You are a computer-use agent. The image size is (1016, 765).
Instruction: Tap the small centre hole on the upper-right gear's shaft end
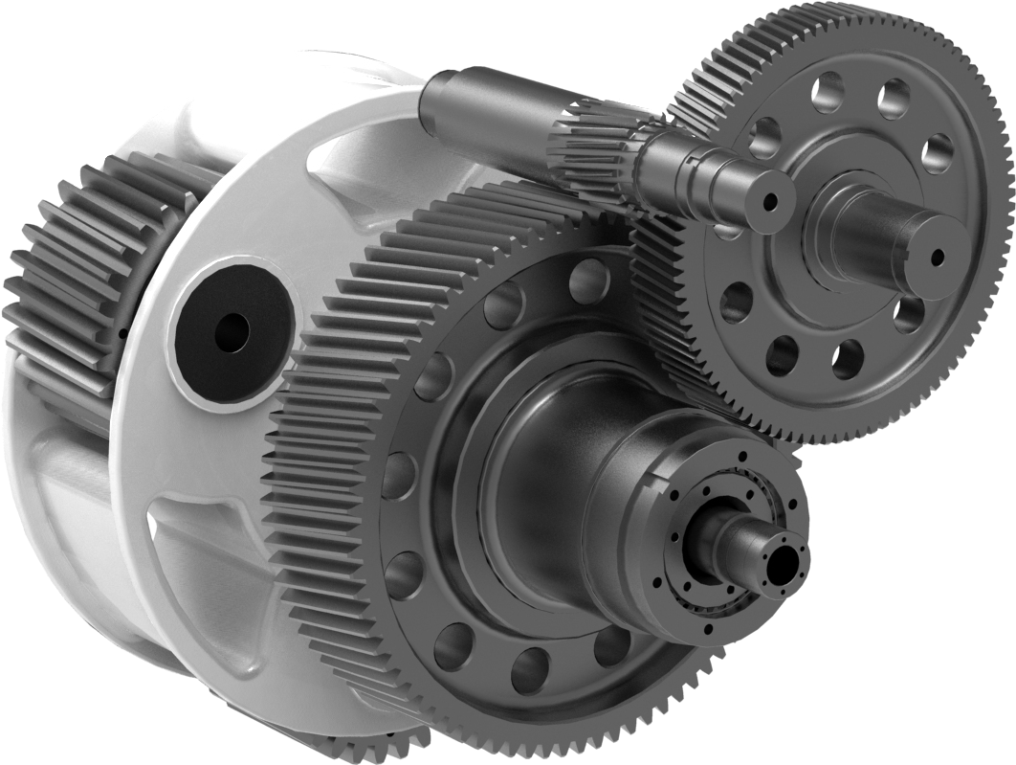coord(936,255)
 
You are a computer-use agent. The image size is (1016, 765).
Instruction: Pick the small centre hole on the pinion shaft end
coord(769,202)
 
